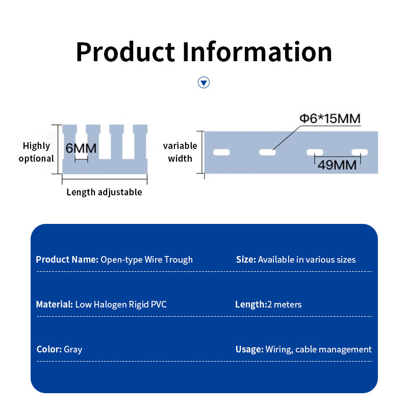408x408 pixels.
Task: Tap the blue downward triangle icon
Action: [x=204, y=83]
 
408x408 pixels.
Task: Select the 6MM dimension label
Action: [x=81, y=148]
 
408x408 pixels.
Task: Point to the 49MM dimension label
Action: [x=337, y=165]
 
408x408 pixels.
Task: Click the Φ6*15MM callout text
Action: [x=330, y=119]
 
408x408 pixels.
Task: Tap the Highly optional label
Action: [x=36, y=152]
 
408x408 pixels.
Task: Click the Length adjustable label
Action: [x=104, y=192]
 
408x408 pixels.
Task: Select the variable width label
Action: [x=180, y=152]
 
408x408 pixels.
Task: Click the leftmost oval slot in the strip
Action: [x=221, y=152]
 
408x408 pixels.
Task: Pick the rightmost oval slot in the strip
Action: [x=360, y=151]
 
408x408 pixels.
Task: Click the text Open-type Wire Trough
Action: [x=146, y=260]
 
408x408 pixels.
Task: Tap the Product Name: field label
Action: [x=67, y=260]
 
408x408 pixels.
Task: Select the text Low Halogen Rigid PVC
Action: [x=121, y=304]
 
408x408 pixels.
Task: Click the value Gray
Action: [x=73, y=349]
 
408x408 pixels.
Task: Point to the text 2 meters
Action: [x=285, y=304]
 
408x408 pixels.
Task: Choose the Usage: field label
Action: [x=249, y=349]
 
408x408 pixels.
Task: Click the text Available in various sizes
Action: [x=307, y=260]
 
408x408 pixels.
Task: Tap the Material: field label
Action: [x=55, y=304]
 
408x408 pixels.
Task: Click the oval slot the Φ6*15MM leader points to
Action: [x=267, y=152]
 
